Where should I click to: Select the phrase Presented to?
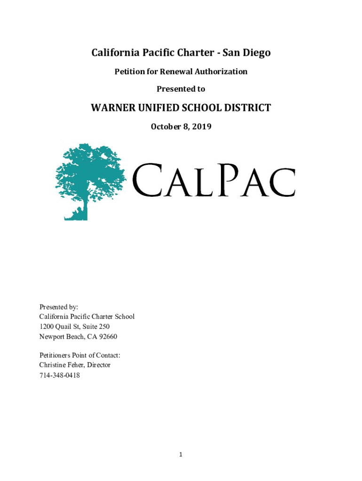(181, 89)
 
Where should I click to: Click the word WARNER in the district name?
(111, 109)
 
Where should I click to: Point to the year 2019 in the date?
(201, 126)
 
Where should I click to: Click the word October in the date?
(166, 126)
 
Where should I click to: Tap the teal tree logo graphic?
(89, 181)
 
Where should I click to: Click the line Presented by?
(59, 307)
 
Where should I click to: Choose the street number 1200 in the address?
(47, 326)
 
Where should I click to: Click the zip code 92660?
(107, 336)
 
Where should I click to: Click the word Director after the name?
(97, 365)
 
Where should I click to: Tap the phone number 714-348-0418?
(59, 375)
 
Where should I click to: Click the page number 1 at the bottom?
(181, 454)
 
